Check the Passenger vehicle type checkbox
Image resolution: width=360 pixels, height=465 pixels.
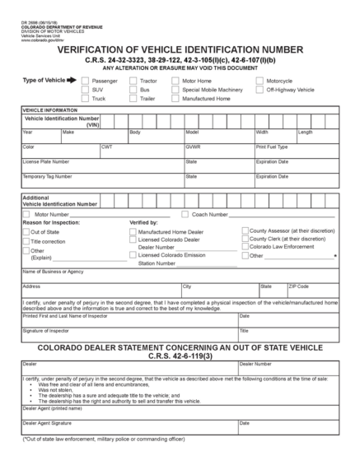click(85, 81)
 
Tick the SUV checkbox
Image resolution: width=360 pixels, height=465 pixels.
click(85, 90)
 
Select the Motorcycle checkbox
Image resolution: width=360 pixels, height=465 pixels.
click(260, 81)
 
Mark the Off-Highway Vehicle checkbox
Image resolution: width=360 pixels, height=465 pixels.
click(260, 90)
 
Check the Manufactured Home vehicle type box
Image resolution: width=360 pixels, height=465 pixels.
click(175, 98)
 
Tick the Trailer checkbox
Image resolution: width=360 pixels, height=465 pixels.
click(133, 98)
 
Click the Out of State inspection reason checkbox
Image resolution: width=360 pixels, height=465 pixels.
click(26, 232)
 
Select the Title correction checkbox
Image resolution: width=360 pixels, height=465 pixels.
click(26, 241)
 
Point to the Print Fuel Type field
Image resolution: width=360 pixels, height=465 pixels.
click(296, 154)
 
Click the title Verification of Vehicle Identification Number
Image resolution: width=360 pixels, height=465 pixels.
click(180, 49)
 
